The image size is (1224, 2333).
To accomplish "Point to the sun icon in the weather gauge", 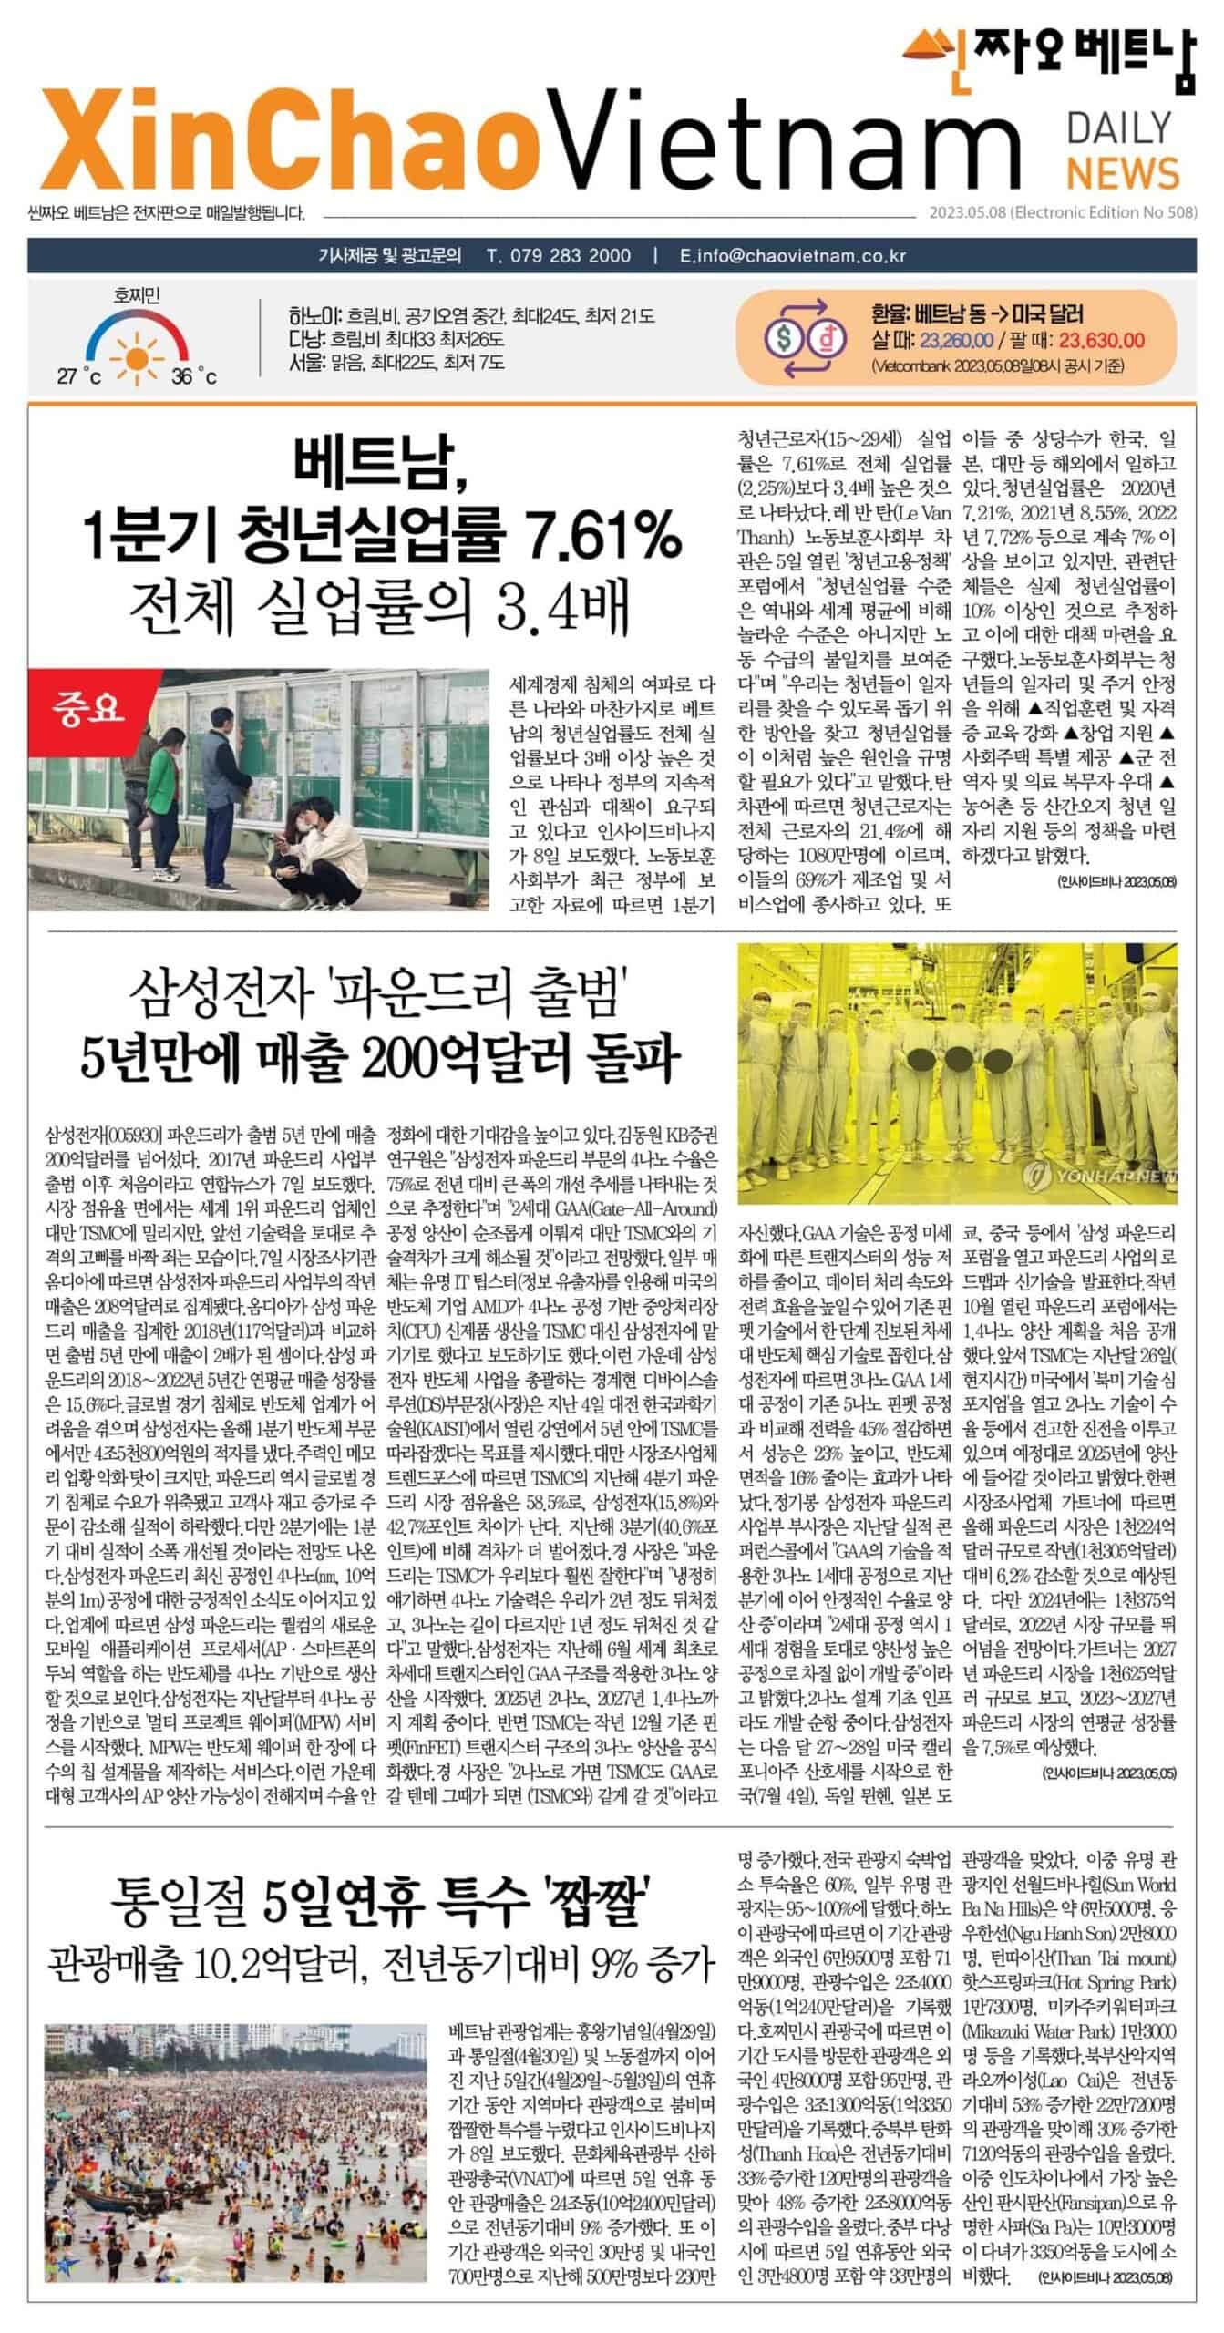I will point(137,346).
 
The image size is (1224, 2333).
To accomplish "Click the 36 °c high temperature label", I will point(194,376).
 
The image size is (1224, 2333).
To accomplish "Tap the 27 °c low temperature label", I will point(79,376).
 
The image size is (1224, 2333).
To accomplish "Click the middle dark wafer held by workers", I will point(958,1060).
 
